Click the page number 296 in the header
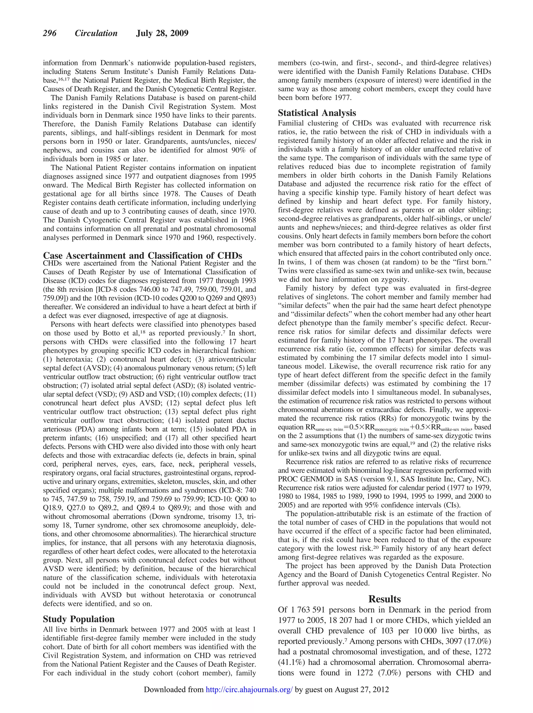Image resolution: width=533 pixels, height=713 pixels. point(50,34)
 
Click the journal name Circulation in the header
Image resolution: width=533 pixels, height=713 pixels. point(96,34)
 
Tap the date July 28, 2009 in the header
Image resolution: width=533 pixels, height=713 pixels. point(162,34)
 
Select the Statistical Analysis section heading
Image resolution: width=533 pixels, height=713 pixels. point(317,113)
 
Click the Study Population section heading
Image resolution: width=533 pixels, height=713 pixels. point(79,619)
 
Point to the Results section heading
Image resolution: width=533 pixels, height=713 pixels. point(384,599)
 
